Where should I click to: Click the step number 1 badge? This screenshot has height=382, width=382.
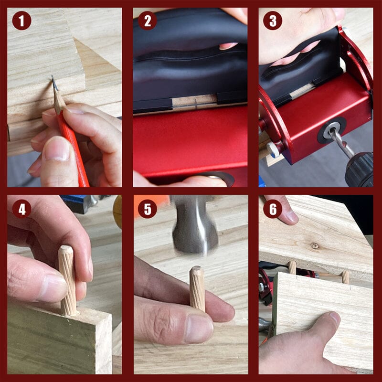[21, 21]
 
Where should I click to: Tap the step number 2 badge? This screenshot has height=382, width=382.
[147, 21]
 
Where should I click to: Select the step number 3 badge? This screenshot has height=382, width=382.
[273, 21]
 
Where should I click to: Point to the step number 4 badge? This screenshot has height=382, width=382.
[21, 208]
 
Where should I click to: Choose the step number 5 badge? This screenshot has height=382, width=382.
[147, 208]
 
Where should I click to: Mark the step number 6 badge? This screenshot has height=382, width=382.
[273, 208]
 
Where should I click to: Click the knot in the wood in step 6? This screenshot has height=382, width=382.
[315, 245]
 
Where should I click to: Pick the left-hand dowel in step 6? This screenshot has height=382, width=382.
[292, 267]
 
